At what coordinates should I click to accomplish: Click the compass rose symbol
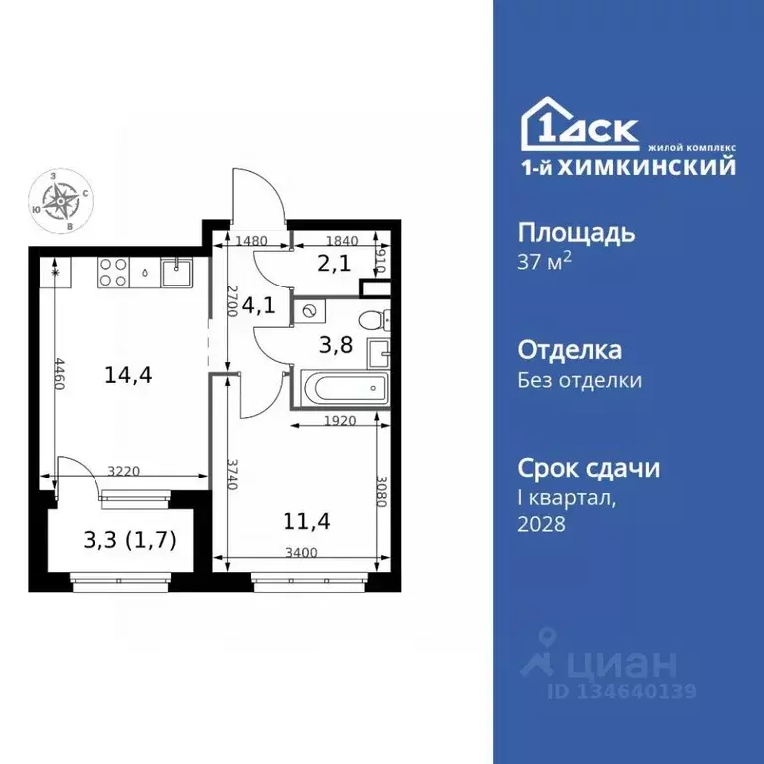point(63,199)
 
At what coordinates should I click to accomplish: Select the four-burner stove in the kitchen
point(112,272)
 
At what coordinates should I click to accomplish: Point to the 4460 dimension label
point(61,376)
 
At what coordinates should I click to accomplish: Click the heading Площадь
point(576,233)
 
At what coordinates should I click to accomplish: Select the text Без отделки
point(580,380)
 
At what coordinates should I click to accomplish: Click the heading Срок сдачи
point(589,468)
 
